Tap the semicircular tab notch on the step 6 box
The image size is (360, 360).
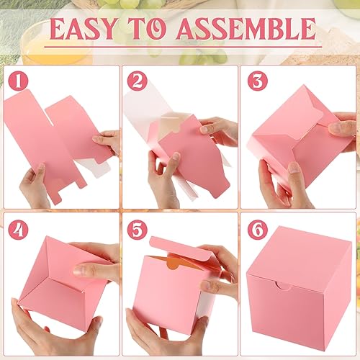286,287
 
